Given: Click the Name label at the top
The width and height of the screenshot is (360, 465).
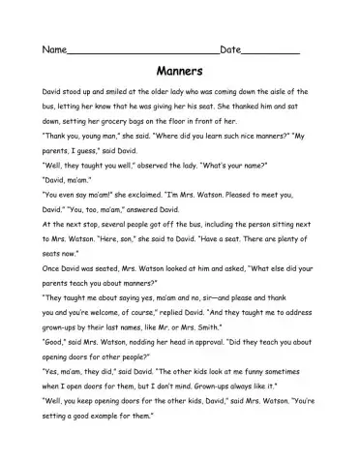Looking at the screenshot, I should [53, 48].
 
